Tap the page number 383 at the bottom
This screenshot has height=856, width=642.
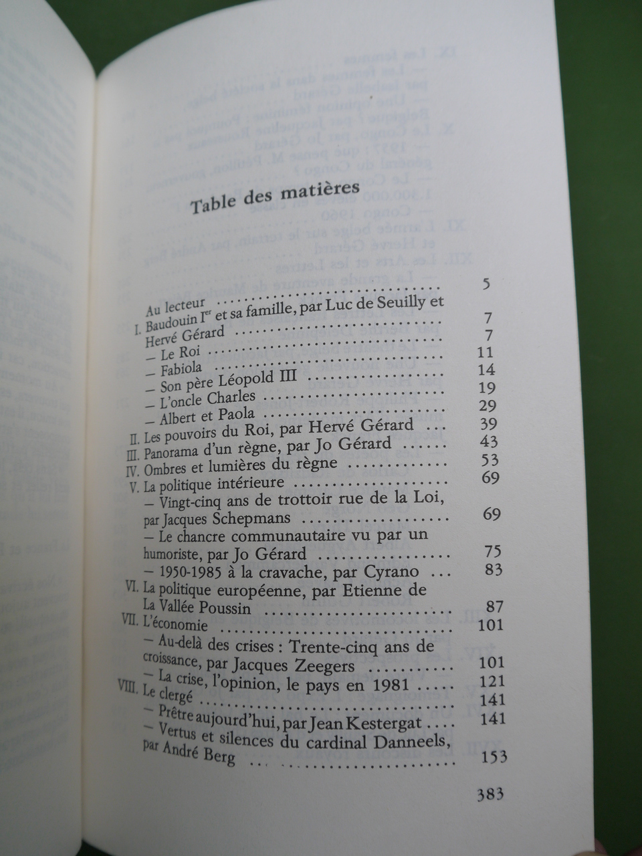490,795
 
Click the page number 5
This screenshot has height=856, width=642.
486,284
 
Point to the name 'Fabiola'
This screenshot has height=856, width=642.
180,367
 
